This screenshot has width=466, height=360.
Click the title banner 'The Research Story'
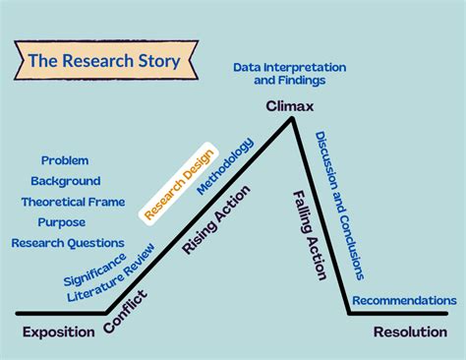pyautogui.click(x=104, y=62)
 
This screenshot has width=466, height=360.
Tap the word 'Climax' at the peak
pyautogui.click(x=289, y=104)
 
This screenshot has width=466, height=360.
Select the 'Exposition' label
pyautogui.click(x=58, y=331)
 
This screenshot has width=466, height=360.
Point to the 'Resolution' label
pyautogui.click(x=410, y=331)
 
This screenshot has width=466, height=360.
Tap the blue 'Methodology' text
pyautogui.click(x=225, y=166)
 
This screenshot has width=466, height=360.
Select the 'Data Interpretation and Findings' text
pyautogui.click(x=289, y=74)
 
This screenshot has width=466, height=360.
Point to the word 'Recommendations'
pyautogui.click(x=404, y=300)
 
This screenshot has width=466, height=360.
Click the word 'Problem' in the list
pyautogui.click(x=65, y=160)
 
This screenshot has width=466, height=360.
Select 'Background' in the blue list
pyautogui.click(x=65, y=181)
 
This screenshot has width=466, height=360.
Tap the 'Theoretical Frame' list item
pyautogui.click(x=73, y=202)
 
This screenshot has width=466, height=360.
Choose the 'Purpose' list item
pyautogui.click(x=61, y=222)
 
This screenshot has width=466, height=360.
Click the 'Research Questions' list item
pyautogui.click(x=68, y=243)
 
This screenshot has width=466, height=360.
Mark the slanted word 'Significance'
pyautogui.click(x=94, y=270)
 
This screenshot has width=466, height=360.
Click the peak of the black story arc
pyautogui.click(x=292, y=118)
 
